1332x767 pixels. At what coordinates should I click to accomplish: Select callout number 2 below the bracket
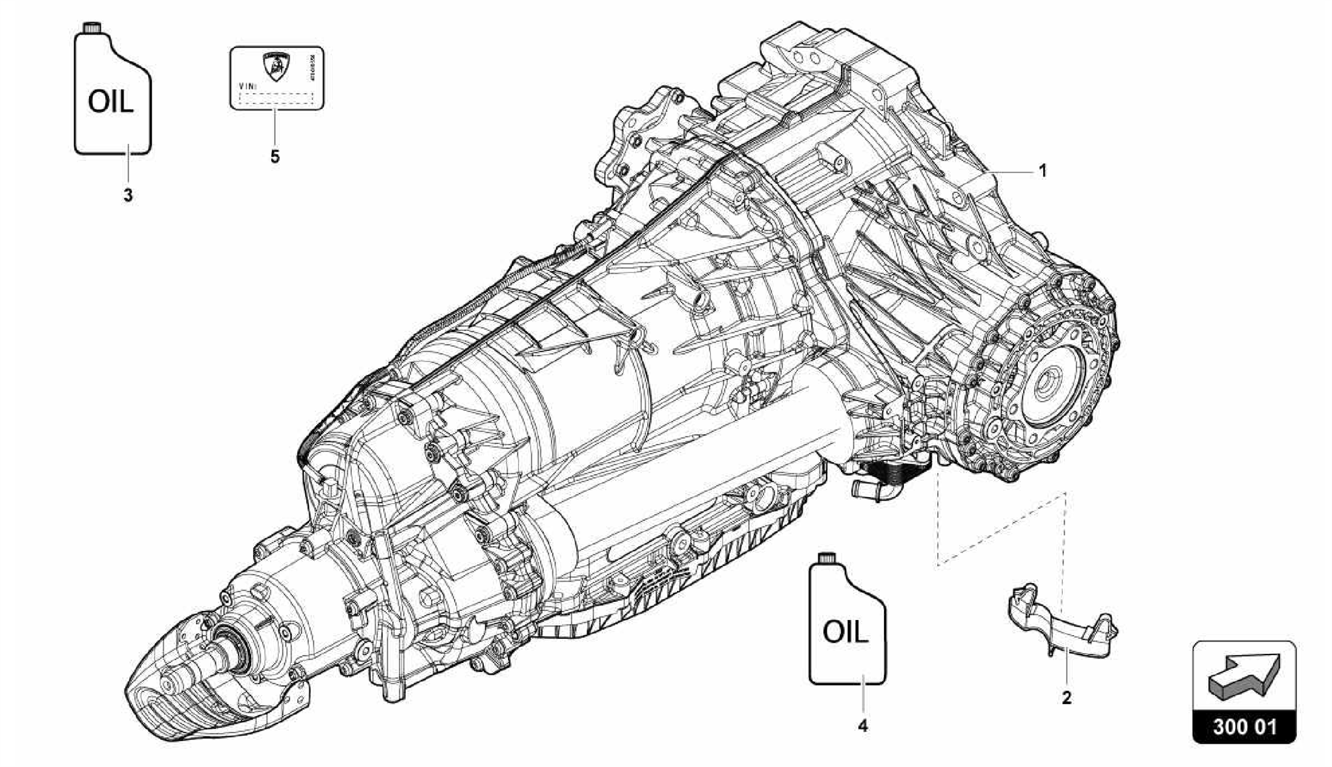pyautogui.click(x=1066, y=699)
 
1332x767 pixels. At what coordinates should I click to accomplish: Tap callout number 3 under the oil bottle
pyautogui.click(x=128, y=195)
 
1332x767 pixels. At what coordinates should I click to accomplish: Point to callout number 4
pyautogui.click(x=862, y=726)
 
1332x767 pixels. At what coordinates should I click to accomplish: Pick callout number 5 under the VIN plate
pyautogui.click(x=275, y=157)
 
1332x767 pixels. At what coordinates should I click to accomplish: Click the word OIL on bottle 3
pyautogui.click(x=111, y=103)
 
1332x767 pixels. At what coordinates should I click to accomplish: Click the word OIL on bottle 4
pyautogui.click(x=846, y=632)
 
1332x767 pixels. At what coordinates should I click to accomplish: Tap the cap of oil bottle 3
pyautogui.click(x=90, y=28)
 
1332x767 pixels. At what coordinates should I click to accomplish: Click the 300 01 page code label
pyautogui.click(x=1244, y=727)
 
